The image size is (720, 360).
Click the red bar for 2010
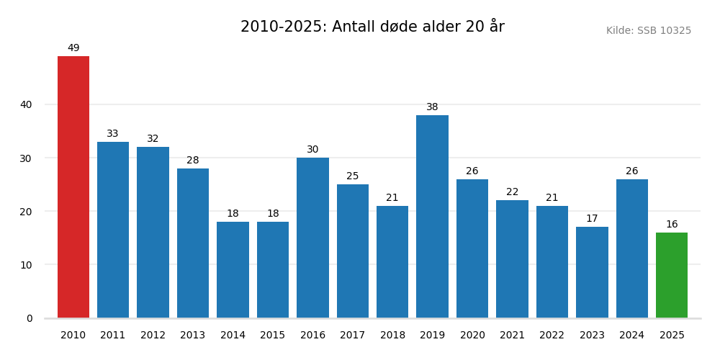coord(73,187)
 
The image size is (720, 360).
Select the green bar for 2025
coord(672,275)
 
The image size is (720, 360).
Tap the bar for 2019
coord(432,216)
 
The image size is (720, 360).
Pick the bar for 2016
coord(312,238)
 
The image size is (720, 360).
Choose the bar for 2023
coord(592,272)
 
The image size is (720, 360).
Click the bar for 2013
coord(193,243)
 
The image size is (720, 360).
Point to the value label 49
coord(73,48)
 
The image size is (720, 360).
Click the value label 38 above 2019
coord(432,107)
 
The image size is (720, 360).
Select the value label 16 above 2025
coord(672,225)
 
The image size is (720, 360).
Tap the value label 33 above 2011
coord(113,134)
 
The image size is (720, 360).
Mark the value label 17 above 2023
coord(592,219)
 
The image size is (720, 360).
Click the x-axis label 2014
coord(233,336)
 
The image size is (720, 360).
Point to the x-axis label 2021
coord(512,336)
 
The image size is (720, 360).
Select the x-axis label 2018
coord(392,336)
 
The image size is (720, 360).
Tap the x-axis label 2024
coord(632,336)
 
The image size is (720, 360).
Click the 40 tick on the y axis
coord(26,104)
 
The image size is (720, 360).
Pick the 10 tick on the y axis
coord(26,265)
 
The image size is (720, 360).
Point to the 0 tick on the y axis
coord(30,318)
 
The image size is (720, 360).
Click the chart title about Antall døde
coord(372,27)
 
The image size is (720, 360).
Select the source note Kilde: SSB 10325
coord(648,31)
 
